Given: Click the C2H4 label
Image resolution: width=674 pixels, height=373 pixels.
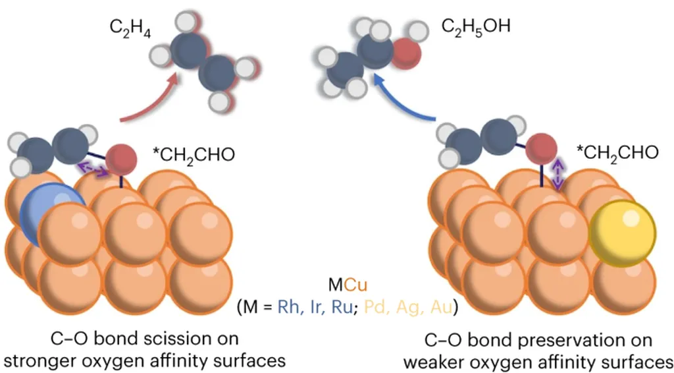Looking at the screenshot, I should coord(130,30).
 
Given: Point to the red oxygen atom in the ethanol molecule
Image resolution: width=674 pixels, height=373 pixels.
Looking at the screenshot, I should coord(407,51).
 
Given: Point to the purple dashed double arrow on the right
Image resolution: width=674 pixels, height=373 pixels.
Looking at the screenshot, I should coord(557,173).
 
